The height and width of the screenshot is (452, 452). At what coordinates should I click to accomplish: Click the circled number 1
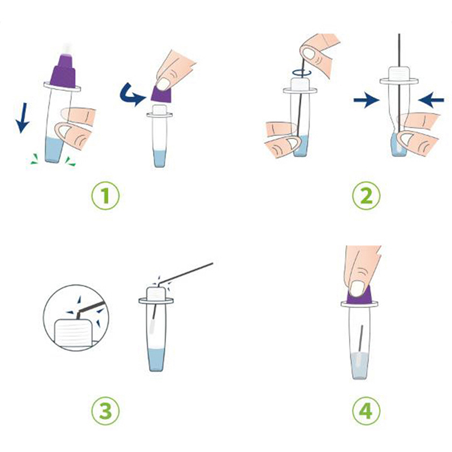coord(105,195)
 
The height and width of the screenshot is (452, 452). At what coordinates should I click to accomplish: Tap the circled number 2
coord(366,195)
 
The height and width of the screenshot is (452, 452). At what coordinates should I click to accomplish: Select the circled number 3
coord(105,411)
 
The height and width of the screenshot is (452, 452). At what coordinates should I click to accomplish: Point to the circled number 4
coord(366,411)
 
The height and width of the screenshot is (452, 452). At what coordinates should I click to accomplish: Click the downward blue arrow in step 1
coord(22,118)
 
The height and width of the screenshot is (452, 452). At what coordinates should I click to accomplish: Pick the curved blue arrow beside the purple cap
coord(131,94)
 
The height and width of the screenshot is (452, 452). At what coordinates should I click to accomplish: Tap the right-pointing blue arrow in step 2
coord(367,100)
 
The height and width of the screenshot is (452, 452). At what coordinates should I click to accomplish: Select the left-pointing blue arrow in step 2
coord(431,100)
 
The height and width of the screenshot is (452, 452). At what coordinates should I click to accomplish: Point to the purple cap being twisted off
coord(162,93)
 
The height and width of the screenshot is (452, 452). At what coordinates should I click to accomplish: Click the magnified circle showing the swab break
coord(76,318)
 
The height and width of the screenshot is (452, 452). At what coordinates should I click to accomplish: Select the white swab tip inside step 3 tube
coord(153,326)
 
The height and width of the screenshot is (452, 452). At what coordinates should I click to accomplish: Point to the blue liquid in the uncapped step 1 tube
coord(159,159)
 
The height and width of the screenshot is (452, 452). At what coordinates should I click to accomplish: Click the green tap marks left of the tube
coord(34,159)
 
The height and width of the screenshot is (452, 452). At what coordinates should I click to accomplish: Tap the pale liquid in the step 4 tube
coord(359,366)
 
